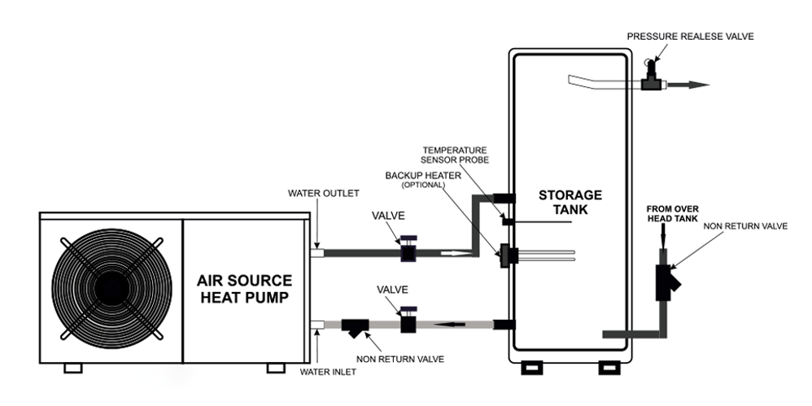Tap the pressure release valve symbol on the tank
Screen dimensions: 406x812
coord(651,76)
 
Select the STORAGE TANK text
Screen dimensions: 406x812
coord(570,202)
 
